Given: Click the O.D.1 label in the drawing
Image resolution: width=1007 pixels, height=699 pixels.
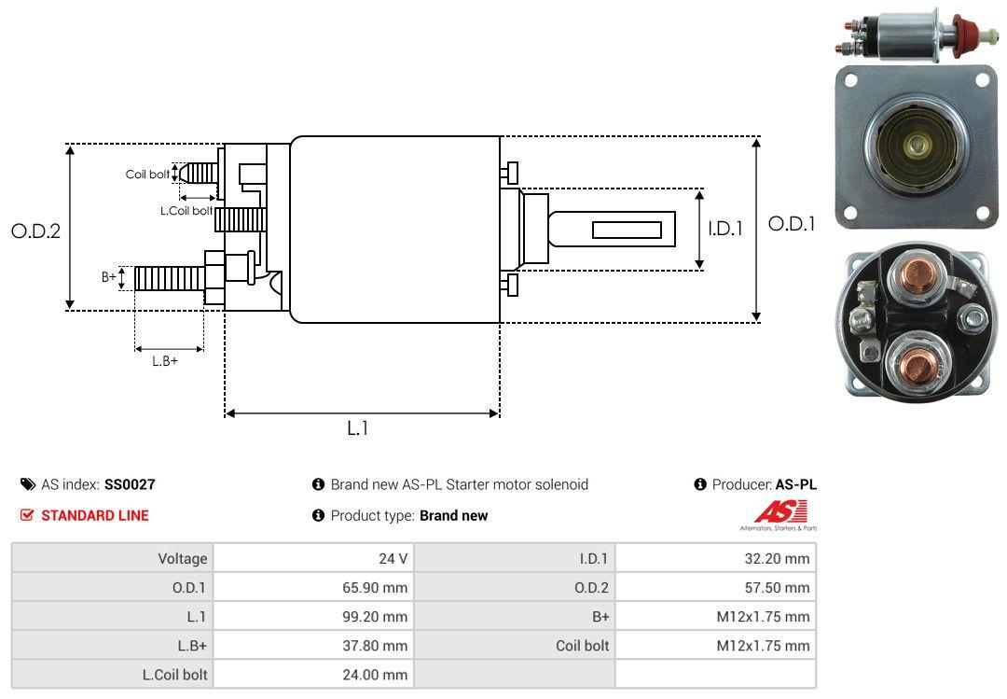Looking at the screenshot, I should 791,224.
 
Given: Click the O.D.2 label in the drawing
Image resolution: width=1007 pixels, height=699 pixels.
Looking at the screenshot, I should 35,231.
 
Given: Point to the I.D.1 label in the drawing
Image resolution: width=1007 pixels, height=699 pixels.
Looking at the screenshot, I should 724,228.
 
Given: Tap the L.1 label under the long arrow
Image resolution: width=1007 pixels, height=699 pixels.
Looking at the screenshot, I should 358,428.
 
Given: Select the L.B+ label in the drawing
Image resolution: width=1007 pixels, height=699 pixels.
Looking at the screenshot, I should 165,361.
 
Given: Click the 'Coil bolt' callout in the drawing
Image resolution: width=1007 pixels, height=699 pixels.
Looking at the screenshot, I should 147,175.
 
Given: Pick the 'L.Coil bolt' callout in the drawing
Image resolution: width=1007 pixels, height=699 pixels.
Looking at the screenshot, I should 186,211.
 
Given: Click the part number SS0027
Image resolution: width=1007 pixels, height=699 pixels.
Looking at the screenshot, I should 130,484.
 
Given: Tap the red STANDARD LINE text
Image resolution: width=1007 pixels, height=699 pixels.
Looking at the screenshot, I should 94,515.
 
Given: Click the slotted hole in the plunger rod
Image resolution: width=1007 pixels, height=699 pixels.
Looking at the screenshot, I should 628,230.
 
